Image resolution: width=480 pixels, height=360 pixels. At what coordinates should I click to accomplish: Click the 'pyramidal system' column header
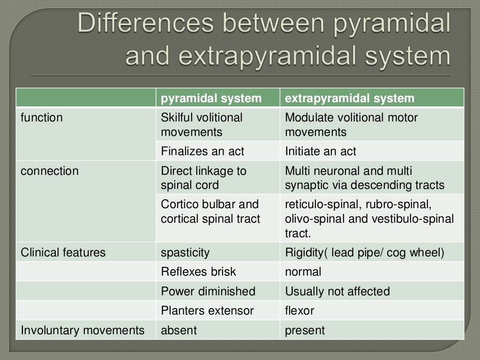(211, 98)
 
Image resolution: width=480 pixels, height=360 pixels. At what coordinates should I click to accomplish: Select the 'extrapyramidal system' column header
(350, 98)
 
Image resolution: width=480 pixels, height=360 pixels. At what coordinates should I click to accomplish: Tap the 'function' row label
(42, 118)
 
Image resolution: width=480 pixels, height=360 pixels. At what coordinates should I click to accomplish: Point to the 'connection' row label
(50, 171)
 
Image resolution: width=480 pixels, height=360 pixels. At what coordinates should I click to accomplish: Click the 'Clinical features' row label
(63, 253)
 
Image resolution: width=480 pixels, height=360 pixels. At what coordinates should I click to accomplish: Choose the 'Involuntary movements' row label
(82, 330)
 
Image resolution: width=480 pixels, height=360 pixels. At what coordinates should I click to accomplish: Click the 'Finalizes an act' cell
(202, 151)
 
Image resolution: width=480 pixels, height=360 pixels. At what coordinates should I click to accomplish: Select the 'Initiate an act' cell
(321, 151)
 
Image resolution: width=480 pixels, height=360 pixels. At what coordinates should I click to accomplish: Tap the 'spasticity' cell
(185, 253)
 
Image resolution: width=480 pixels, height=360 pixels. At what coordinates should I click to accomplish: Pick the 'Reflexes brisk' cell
(199, 272)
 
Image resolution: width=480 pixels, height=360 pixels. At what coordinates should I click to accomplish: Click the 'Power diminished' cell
(208, 291)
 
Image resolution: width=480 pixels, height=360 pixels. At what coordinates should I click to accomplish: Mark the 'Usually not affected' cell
(337, 291)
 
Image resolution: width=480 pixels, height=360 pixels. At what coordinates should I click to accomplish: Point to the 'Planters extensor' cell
(207, 310)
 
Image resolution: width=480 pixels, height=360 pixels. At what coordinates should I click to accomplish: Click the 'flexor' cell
(300, 310)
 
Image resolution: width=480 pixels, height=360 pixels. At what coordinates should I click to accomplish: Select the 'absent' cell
(179, 330)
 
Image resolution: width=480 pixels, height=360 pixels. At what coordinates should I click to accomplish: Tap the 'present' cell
(305, 330)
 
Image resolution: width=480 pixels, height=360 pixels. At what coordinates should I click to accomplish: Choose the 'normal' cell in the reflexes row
(303, 272)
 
